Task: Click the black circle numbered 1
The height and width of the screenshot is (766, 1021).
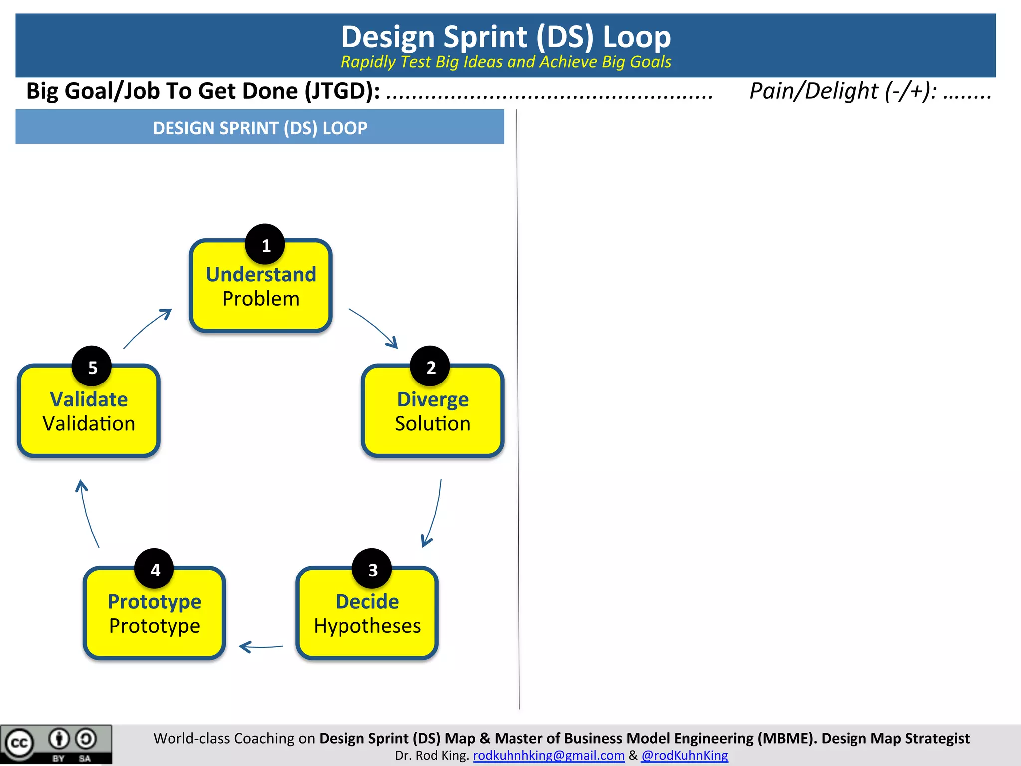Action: (265, 244)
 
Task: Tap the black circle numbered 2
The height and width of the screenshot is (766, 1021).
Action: (430, 366)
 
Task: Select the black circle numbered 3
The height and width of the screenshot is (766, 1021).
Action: (372, 569)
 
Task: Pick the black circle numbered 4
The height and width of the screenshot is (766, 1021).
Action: (155, 569)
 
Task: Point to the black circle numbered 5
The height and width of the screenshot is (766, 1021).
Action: (92, 366)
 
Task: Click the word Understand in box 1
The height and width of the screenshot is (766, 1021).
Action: (261, 274)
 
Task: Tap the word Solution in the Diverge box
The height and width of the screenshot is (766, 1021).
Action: (432, 424)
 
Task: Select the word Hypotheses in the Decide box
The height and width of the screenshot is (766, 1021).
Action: (367, 626)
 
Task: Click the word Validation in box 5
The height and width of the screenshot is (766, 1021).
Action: (89, 424)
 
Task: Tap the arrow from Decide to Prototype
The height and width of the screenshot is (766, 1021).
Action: (261, 647)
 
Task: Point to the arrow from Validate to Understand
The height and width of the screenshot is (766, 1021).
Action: (148, 328)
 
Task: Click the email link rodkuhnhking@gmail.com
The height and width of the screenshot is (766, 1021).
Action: (548, 755)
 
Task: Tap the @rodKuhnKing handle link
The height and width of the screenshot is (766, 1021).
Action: (684, 755)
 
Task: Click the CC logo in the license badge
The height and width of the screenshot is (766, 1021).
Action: (19, 743)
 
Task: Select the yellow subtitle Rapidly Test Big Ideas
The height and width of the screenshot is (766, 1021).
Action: (506, 62)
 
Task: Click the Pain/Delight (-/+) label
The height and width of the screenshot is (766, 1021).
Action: (843, 91)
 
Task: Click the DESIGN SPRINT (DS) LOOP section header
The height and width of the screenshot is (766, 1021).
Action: (260, 128)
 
